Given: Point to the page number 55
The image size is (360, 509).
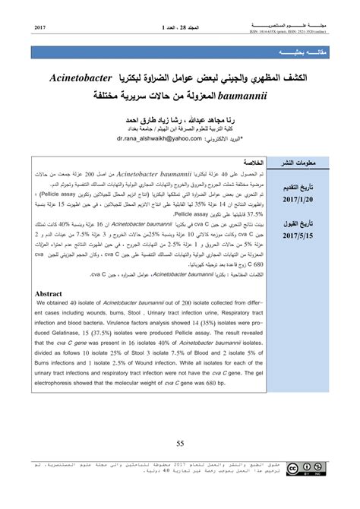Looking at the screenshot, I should (180, 444).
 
